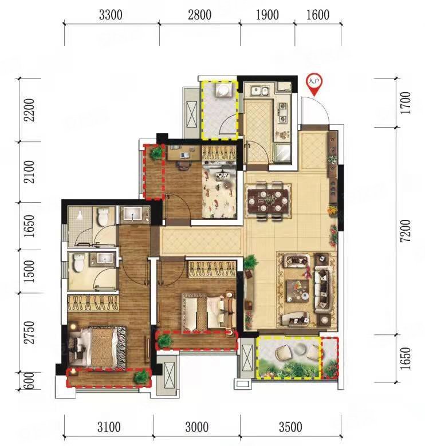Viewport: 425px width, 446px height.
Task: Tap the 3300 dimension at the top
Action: [x=111, y=15]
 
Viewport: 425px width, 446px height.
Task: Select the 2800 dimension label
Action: [x=199, y=15]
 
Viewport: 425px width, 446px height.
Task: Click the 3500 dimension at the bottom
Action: [x=291, y=427]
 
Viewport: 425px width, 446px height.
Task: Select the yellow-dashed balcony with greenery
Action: [x=288, y=358]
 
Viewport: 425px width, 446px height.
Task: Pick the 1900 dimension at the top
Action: [x=267, y=15]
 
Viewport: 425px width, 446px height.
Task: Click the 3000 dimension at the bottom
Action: [x=196, y=427]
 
